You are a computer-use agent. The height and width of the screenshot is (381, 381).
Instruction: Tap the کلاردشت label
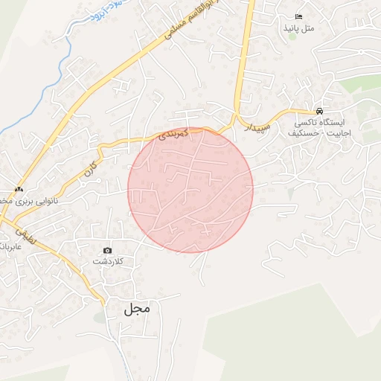click(108, 262)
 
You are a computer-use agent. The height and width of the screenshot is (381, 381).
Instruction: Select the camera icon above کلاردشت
click(108, 250)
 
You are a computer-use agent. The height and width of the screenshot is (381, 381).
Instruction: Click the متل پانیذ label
click(299, 28)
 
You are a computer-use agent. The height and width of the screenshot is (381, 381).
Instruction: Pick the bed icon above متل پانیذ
click(299, 16)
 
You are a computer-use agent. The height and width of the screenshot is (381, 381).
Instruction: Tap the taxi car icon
click(319, 110)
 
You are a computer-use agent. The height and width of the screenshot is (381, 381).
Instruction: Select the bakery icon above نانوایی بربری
click(19, 189)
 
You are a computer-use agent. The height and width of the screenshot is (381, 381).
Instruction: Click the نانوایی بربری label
click(30, 201)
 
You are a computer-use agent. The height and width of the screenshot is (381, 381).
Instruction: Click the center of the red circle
click(190, 190)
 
